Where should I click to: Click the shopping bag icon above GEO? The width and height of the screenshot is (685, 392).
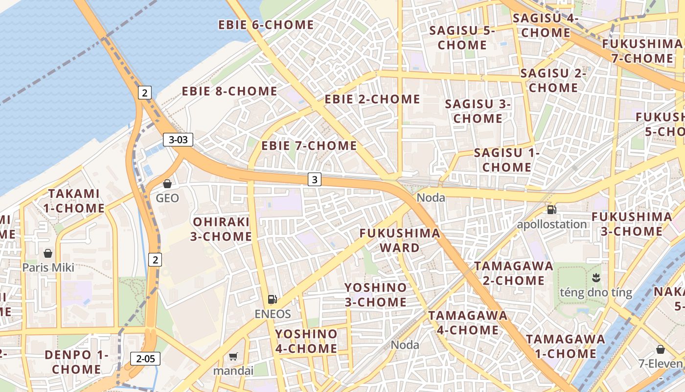[167, 184]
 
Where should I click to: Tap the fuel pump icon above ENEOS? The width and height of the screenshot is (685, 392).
[273, 299]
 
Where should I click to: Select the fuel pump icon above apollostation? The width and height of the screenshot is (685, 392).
[551, 210]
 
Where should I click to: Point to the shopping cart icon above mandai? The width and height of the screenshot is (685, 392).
[233, 356]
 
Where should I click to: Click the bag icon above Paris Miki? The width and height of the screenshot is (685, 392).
[48, 253]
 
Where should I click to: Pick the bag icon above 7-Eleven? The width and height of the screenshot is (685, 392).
[661, 349]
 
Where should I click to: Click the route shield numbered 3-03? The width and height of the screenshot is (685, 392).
[178, 140]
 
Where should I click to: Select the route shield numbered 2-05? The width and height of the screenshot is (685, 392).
[145, 359]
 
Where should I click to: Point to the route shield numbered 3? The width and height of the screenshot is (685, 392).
[315, 180]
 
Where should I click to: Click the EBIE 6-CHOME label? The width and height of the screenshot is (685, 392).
[266, 24]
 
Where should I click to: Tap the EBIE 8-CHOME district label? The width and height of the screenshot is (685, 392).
[229, 91]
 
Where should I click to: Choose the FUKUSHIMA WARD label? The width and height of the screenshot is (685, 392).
[400, 240]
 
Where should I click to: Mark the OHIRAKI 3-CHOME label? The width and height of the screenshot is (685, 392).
[221, 229]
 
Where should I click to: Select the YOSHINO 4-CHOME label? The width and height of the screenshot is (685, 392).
[306, 341]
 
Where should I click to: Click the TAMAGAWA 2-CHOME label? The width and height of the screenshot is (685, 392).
[514, 273]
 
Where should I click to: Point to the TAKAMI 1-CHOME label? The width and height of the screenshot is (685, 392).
[73, 201]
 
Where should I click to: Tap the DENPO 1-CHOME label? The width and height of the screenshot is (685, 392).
[76, 362]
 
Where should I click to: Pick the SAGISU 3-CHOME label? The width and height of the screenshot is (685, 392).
[478, 111]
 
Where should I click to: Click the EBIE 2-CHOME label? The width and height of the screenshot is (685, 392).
[372, 99]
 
